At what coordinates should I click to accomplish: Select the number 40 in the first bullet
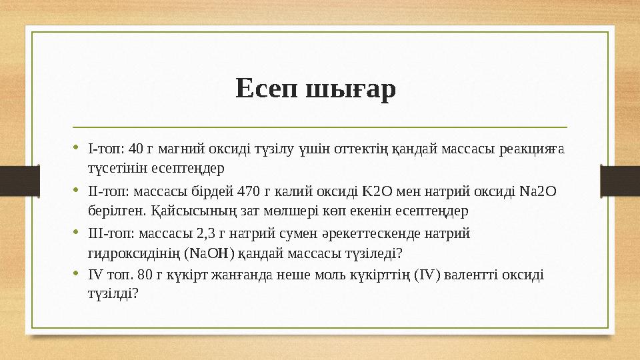coord(136,148)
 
